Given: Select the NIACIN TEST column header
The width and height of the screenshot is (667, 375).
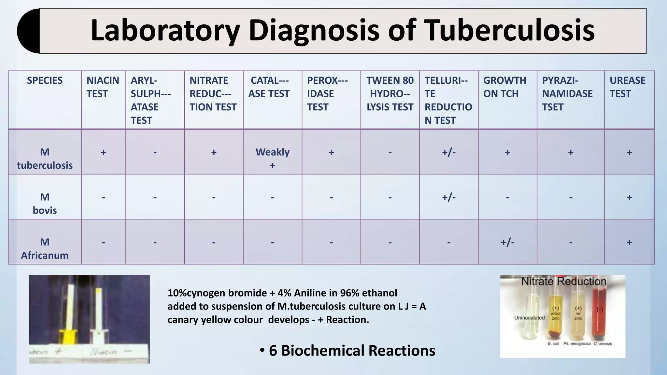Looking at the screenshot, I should [103, 87].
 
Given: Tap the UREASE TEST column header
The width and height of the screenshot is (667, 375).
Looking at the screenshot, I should [627, 87].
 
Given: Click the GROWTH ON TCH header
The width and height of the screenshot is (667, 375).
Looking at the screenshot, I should [504, 87].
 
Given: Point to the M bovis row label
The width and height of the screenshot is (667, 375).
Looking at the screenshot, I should [45, 203].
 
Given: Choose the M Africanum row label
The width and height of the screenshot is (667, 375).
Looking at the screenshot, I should [45, 248].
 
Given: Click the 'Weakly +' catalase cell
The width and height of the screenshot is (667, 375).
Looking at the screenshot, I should [272, 158].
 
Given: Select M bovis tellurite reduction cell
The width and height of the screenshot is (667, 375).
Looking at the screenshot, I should [448, 197].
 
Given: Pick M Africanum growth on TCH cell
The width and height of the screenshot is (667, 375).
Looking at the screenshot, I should [507, 242].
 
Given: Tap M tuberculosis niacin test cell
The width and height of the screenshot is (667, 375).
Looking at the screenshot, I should [103, 152].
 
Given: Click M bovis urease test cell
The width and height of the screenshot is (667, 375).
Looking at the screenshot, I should [629, 197].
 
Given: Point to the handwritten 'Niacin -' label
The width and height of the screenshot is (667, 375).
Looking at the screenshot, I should [111, 352].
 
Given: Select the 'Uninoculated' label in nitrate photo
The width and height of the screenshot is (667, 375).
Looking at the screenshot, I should [529, 318].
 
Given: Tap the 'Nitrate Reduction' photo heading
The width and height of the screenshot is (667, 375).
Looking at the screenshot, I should [563, 281].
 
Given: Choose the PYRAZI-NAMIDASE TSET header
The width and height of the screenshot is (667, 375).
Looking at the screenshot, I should [567, 93].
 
